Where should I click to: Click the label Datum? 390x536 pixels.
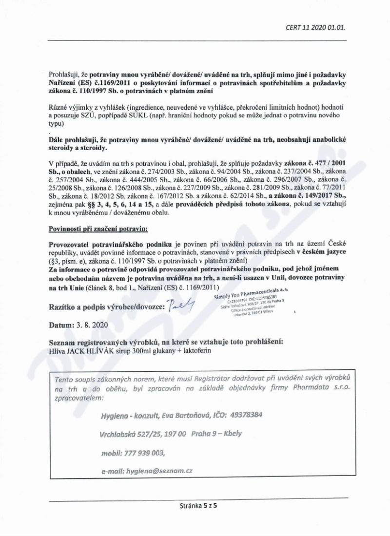tap(60, 324)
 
